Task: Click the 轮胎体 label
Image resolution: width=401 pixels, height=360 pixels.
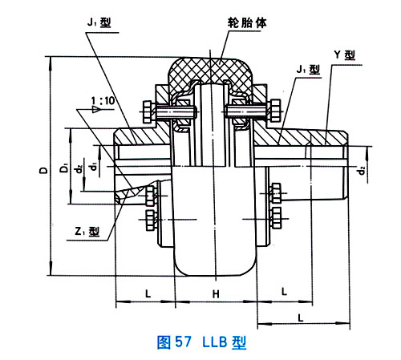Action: tap(247, 23)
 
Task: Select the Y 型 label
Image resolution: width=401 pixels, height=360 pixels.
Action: tap(345, 55)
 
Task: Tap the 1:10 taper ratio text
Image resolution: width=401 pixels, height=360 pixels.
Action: tap(103, 101)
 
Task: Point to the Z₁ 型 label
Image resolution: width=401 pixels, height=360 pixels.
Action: tap(87, 231)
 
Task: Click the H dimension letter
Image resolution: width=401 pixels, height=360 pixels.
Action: tap(216, 294)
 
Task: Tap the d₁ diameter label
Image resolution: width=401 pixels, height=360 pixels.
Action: tap(93, 167)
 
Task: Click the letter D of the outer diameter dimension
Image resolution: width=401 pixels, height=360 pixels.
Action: tap(43, 170)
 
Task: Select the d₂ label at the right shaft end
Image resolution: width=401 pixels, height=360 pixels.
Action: tap(362, 170)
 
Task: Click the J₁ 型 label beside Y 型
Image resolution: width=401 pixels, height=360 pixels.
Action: tap(308, 70)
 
